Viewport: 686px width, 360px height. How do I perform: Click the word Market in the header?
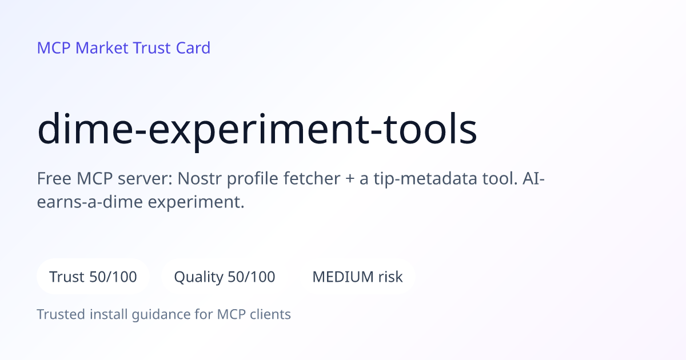[102, 48]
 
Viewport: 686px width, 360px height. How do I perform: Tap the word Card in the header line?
[193, 48]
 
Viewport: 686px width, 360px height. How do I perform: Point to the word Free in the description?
[54, 178]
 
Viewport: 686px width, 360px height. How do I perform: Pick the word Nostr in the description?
[199, 178]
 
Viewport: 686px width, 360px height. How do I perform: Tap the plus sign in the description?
[349, 179]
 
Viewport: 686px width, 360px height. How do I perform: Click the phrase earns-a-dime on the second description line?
[90, 202]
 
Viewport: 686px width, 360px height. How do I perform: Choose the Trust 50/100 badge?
[93, 277]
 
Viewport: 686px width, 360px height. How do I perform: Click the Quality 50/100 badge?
[225, 277]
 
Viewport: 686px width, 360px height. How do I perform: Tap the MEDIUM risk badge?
[357, 277]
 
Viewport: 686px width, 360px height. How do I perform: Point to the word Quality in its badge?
[198, 277]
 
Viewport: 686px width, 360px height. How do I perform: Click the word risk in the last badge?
[390, 277]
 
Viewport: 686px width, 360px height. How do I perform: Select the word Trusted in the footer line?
[61, 314]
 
